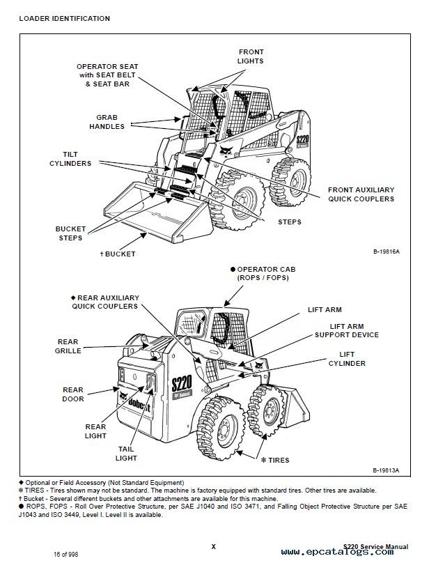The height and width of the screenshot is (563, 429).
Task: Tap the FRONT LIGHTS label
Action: (251, 56)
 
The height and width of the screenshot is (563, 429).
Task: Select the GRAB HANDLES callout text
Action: (107, 122)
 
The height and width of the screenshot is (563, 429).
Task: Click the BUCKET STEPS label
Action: (70, 233)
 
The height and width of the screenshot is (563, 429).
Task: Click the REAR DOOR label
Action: (72, 394)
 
